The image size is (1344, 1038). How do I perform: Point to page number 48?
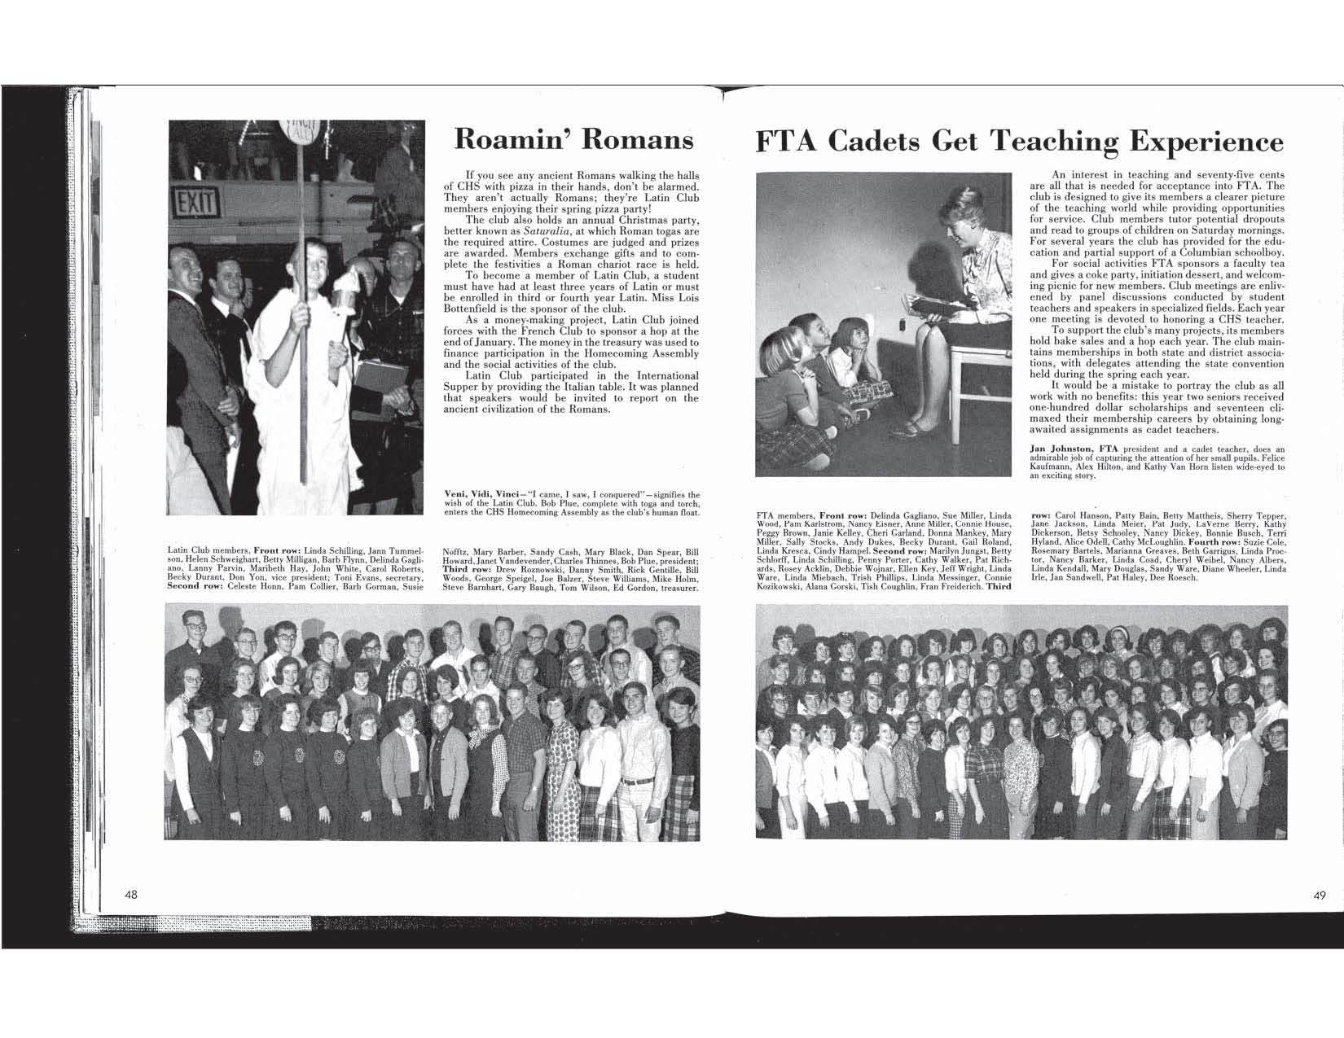(131, 895)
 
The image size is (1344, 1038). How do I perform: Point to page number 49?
(1320, 895)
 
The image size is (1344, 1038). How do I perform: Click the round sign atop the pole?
(304, 131)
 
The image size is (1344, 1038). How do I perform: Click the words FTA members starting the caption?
(785, 515)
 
